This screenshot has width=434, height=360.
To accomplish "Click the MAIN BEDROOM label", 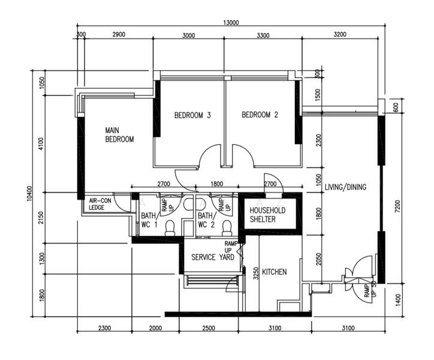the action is click(x=119, y=134).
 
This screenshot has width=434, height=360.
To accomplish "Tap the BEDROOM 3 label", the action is click(x=192, y=115).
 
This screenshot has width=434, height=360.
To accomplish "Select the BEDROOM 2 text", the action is click(x=260, y=115).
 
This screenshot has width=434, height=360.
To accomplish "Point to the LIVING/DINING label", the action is click(x=345, y=187).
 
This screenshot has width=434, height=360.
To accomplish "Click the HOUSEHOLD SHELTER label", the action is click(x=267, y=215).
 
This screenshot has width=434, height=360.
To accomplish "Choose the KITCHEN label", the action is click(x=275, y=272).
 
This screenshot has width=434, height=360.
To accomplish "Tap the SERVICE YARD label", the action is click(x=213, y=257).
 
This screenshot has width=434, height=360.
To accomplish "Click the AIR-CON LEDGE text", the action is click(x=100, y=204).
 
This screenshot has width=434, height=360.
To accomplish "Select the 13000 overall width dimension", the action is click(x=231, y=23).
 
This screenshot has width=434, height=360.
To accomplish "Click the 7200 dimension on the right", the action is click(x=398, y=206).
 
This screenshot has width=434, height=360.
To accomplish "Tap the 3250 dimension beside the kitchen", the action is click(x=256, y=273).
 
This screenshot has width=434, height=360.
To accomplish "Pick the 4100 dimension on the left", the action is click(x=41, y=143).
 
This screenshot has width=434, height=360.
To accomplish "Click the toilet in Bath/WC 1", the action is click(x=170, y=228).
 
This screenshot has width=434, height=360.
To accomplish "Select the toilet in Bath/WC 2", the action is click(x=227, y=228).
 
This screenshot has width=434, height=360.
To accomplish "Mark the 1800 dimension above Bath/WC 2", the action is click(x=217, y=184).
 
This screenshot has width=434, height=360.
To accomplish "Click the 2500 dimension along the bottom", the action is click(x=209, y=328).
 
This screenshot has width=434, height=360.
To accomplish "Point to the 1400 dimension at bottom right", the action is click(x=398, y=300).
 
